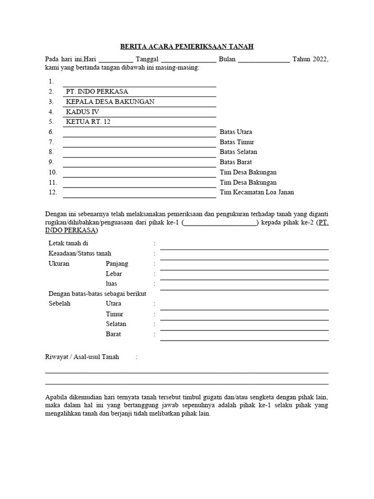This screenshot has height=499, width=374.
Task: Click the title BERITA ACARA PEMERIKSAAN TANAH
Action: coord(187,47)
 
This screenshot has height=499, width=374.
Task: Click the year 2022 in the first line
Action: coord(319,59)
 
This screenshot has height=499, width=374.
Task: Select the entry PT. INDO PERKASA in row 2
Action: coord(97,92)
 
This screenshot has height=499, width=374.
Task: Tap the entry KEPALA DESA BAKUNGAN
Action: coord(110,102)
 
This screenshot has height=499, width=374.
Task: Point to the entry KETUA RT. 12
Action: coord(88,122)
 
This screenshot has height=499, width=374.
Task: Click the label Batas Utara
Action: coord(236,132)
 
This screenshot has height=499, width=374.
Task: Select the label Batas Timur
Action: coord(237,142)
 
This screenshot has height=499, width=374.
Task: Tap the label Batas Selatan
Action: coord(238,152)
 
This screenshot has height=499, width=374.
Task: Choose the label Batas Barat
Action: coord(236,162)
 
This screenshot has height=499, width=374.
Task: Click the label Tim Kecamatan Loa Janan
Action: coord(257,192)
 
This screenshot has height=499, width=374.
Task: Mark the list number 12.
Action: coord(53,192)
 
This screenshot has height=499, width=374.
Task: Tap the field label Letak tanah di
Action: coord(68,243)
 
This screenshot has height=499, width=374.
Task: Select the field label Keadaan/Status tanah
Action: coord(80,253)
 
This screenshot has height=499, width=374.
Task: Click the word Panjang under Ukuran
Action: coord(117,264)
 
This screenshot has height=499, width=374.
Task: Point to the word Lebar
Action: coord(114,274)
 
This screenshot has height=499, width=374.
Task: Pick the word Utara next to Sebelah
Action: coord(113,304)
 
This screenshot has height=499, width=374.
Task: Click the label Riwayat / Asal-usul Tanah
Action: coord(82,357)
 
